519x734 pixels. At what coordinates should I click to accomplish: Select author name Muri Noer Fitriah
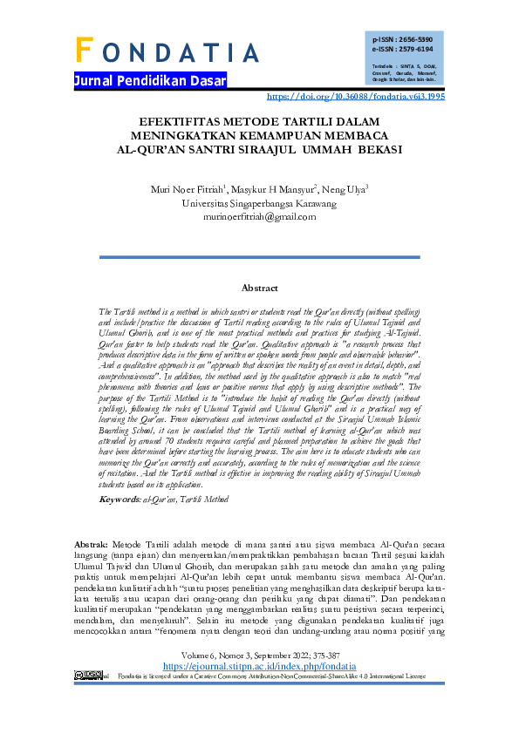pos(185,189)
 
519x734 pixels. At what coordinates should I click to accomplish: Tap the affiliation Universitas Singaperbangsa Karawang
pos(258,203)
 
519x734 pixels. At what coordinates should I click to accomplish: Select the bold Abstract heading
pos(259,288)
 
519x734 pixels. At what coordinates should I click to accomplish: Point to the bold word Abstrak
pos(91,543)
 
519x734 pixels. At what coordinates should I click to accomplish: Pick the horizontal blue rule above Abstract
pos(259,255)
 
